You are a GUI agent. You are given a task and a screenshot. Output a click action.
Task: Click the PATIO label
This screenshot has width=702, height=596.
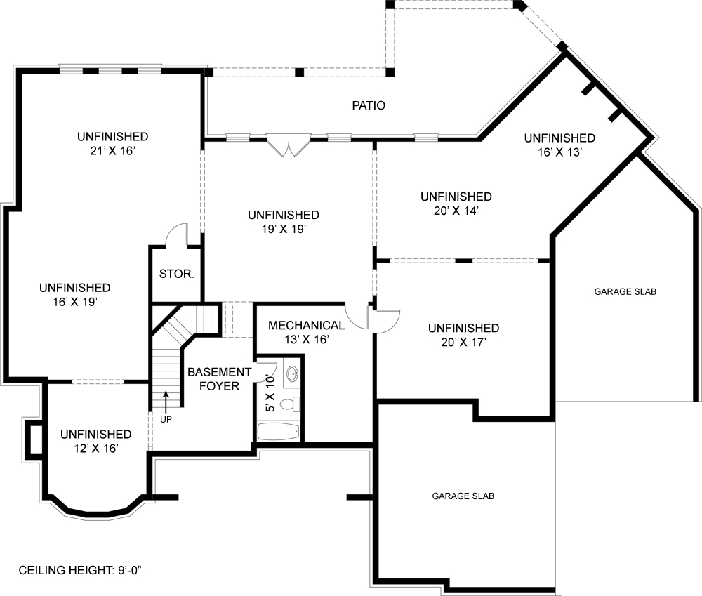[369, 105]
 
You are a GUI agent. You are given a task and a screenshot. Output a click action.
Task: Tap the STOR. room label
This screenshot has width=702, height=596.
[177, 274]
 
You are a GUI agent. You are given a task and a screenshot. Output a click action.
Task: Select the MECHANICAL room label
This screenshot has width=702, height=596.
[306, 325]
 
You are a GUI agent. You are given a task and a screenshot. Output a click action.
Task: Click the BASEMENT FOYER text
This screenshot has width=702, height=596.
[219, 379]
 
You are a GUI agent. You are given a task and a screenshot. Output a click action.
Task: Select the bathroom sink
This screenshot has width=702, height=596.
[292, 373]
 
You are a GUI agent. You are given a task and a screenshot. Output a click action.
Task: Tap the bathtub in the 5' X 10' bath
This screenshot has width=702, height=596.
[278, 431]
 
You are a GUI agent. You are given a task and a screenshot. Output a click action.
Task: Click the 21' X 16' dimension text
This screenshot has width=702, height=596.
[113, 151]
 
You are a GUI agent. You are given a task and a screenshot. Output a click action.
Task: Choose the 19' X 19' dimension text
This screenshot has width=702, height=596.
[284, 230]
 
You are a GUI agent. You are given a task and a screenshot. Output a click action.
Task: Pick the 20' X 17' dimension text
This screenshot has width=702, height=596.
[464, 343]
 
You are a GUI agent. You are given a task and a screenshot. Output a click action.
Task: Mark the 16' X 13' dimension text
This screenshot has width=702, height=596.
[559, 152]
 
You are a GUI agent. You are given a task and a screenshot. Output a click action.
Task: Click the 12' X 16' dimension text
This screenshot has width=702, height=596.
[96, 449]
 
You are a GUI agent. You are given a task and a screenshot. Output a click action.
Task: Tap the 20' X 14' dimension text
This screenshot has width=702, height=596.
[456, 211]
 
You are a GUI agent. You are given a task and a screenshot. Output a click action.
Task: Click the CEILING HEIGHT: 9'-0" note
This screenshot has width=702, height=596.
[80, 570]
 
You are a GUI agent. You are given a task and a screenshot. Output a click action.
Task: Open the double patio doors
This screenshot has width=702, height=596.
[289, 145]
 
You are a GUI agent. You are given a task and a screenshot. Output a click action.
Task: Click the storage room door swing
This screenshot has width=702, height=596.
[176, 234]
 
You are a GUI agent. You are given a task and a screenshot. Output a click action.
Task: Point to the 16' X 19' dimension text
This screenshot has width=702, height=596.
[75, 303]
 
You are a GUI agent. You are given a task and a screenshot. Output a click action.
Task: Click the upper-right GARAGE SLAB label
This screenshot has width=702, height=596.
[625, 291]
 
